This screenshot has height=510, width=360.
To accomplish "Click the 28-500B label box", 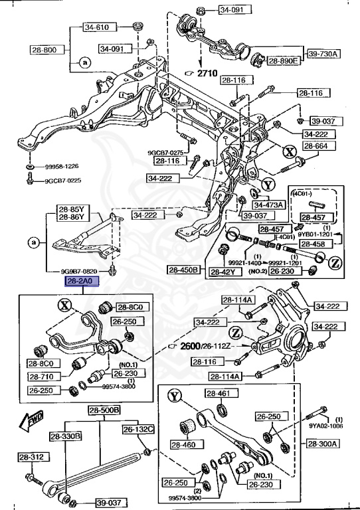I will click(x=104, y=410).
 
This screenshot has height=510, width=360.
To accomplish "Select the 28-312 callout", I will click(x=29, y=458).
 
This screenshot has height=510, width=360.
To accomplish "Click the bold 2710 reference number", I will click(x=209, y=73).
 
